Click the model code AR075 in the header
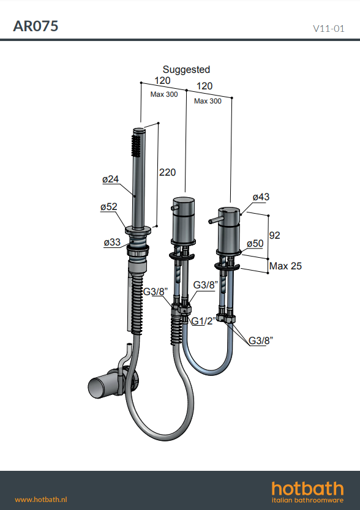(x=36, y=26)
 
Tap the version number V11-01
(x=328, y=29)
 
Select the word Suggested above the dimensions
(x=186, y=70)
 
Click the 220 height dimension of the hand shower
(x=168, y=172)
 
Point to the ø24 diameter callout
(x=111, y=179)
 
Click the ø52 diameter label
(x=108, y=207)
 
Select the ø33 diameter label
(x=112, y=242)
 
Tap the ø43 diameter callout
(x=261, y=197)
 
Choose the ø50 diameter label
(x=255, y=244)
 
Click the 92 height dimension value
(x=274, y=235)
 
